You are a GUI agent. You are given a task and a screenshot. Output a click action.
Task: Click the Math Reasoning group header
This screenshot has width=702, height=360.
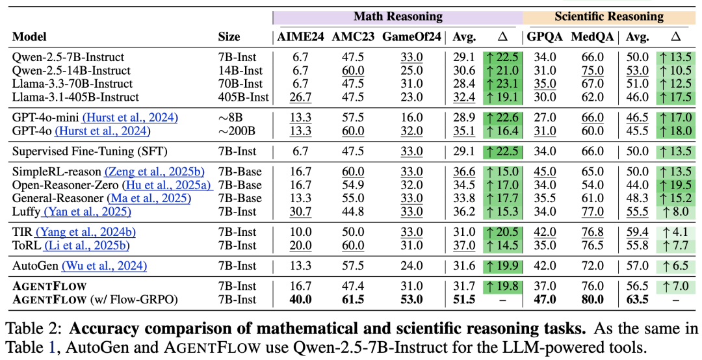398,16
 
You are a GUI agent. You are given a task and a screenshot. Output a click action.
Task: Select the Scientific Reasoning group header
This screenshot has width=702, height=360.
608,16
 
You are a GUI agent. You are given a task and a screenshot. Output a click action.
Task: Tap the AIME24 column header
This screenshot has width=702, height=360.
301,37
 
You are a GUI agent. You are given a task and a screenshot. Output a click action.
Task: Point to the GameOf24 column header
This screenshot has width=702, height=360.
409,37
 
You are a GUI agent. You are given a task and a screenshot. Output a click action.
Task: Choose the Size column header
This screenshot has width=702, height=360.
229,37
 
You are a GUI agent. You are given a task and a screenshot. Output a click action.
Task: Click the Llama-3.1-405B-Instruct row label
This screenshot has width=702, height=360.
76,97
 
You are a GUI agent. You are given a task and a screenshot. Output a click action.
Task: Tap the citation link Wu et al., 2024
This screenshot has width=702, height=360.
105,266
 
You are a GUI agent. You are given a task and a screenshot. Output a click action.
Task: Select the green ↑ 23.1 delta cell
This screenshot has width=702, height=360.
502,84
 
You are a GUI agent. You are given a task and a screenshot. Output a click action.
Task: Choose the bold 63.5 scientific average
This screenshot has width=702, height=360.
637,300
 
